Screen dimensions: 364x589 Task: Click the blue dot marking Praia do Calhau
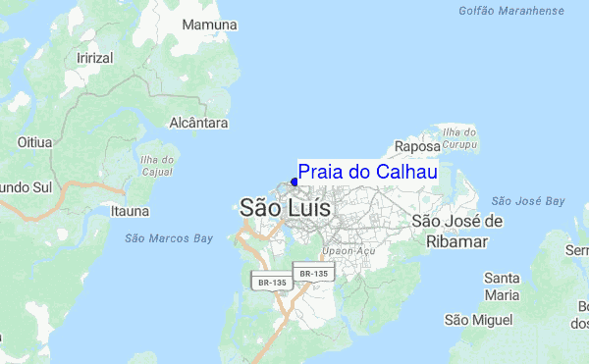pos(294,182)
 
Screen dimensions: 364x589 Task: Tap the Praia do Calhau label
pos(367,173)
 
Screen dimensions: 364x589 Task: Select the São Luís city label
pos(285,208)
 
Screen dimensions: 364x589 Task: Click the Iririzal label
pos(95,58)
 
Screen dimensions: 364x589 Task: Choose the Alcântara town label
pos(199,124)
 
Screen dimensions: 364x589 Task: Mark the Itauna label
pos(130,210)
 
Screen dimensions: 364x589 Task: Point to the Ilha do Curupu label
pos(459,138)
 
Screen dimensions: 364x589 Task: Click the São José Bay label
pos(528,201)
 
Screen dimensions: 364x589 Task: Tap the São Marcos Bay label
pos(169,237)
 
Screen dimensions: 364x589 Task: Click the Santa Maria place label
pos(502,286)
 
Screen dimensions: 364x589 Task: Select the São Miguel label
pos(478,320)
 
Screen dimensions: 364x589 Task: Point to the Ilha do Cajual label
pos(156,167)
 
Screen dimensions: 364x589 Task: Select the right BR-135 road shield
pos(313,273)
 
